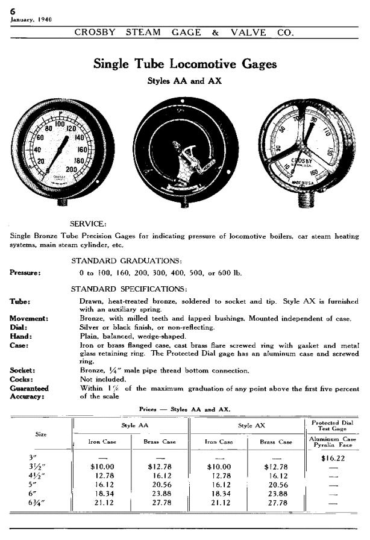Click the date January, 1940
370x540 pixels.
pos(31,19)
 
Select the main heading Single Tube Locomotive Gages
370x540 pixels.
pos(185,64)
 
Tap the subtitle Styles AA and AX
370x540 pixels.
pos(184,81)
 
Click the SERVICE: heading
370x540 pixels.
pos(88,223)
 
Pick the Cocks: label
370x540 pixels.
pos(23,379)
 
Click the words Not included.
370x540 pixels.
pos(104,379)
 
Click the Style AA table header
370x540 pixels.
pos(131,425)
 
